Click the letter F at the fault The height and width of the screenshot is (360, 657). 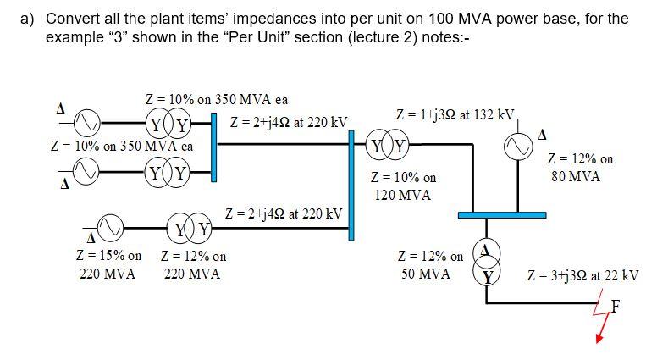pos(616,307)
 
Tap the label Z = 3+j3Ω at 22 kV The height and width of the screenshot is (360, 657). pos(582,275)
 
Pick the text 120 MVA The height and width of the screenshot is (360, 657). pos(402,195)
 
